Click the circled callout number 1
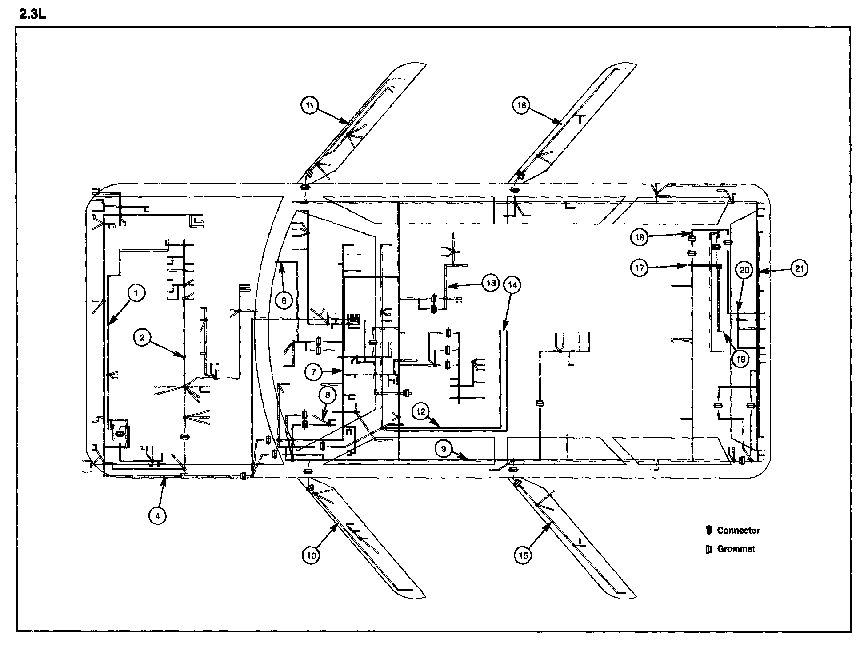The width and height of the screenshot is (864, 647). [x=136, y=293]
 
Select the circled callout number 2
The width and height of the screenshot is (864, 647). [x=142, y=338]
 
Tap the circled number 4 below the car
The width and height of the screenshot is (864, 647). [x=157, y=515]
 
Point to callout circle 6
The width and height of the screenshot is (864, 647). [x=284, y=301]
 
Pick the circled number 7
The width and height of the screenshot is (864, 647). [x=313, y=372]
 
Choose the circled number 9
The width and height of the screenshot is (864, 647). [x=444, y=449]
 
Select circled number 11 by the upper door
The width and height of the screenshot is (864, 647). [x=310, y=105]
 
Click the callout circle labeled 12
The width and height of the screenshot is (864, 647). [x=421, y=411]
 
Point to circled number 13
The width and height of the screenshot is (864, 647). [x=490, y=283]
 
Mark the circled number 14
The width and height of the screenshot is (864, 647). [x=512, y=285]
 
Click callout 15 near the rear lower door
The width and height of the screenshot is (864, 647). [x=523, y=555]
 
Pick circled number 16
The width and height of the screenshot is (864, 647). [x=521, y=105]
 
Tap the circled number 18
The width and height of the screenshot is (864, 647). [x=640, y=237]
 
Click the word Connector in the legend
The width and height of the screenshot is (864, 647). [x=738, y=531]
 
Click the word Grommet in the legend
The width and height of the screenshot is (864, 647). [x=736, y=549]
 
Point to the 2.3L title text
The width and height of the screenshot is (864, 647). [x=33, y=15]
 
